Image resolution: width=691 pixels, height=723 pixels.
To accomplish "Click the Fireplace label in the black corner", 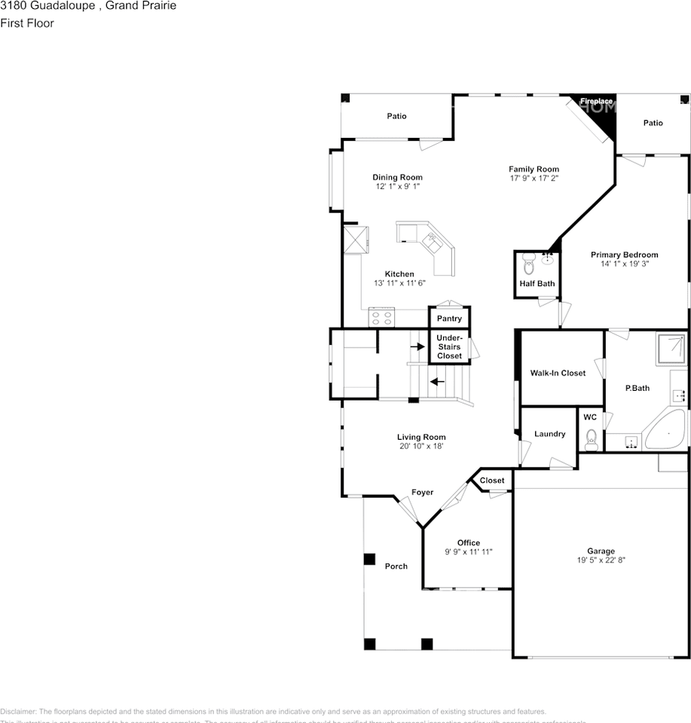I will point(595,101).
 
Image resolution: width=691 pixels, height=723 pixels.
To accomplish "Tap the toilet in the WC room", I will point(591,438).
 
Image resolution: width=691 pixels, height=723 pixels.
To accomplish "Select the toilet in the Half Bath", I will point(528,265).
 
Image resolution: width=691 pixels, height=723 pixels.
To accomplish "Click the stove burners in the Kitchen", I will point(382,317).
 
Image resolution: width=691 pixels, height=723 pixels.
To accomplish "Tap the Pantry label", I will point(449,319).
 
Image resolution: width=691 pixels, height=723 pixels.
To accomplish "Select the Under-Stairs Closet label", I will point(449,346).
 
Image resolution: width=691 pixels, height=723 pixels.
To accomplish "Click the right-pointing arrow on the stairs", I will point(416,346).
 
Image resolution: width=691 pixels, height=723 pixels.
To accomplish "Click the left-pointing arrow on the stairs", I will point(437,381).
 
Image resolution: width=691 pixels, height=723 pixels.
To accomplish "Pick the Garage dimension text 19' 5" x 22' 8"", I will point(601,560).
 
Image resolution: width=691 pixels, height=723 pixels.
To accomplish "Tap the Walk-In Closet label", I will point(558,373).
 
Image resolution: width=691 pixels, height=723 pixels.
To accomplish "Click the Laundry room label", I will point(549,434).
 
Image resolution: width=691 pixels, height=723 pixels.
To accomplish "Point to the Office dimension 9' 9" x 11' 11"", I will point(468,552).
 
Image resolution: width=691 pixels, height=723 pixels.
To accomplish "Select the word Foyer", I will point(422,493).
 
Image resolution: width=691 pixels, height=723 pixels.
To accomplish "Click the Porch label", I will point(396,566).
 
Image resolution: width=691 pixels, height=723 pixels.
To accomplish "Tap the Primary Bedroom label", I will point(624,255).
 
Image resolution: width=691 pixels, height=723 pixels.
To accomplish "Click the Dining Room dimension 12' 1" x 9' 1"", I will point(397,186).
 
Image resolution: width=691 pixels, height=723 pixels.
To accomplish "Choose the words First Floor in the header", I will point(27,23).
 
